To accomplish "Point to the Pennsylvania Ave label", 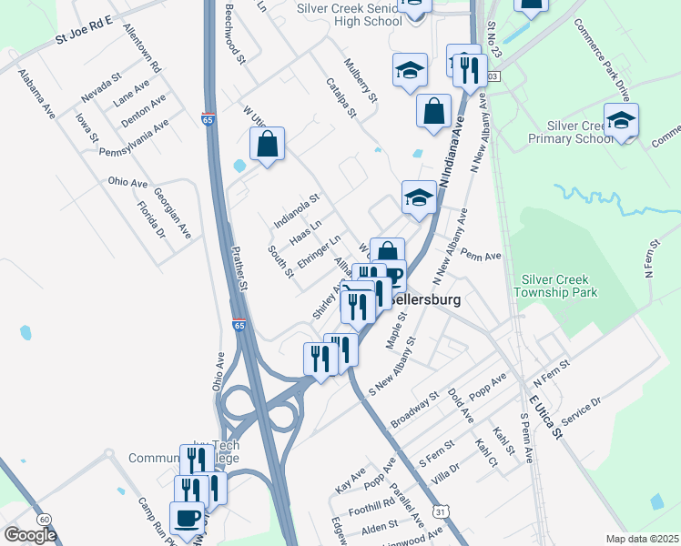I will (135, 137).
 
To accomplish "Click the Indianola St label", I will (298, 210).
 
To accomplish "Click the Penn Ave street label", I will (482, 256).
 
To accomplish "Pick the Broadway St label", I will (414, 412).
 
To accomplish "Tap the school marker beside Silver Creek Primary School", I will (621, 120).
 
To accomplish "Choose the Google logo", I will (30, 535).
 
